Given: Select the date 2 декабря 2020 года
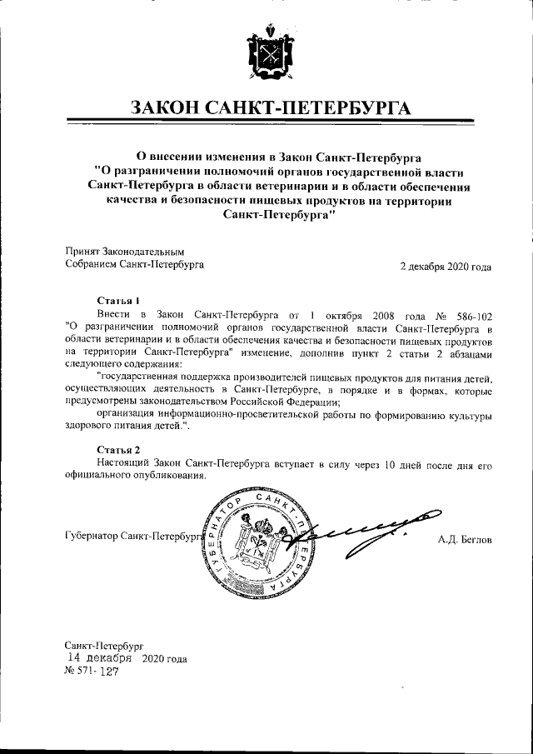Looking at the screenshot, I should pyautogui.click(x=446, y=267).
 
